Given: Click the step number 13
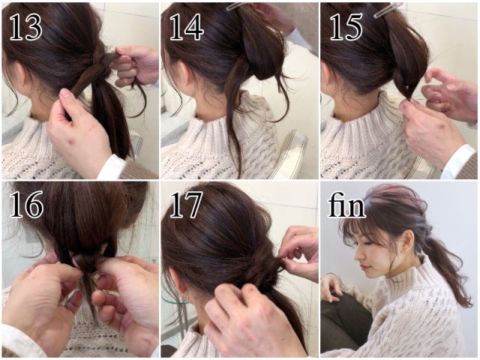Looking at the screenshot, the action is pyautogui.click(x=26, y=27).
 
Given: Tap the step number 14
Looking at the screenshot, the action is pyautogui.click(x=187, y=27).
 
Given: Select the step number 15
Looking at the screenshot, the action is pyautogui.click(x=346, y=27).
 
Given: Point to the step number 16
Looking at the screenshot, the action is pyautogui.click(x=27, y=205).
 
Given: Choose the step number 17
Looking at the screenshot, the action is pyautogui.click(x=186, y=205).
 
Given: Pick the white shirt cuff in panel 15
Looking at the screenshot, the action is pyautogui.click(x=459, y=162).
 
